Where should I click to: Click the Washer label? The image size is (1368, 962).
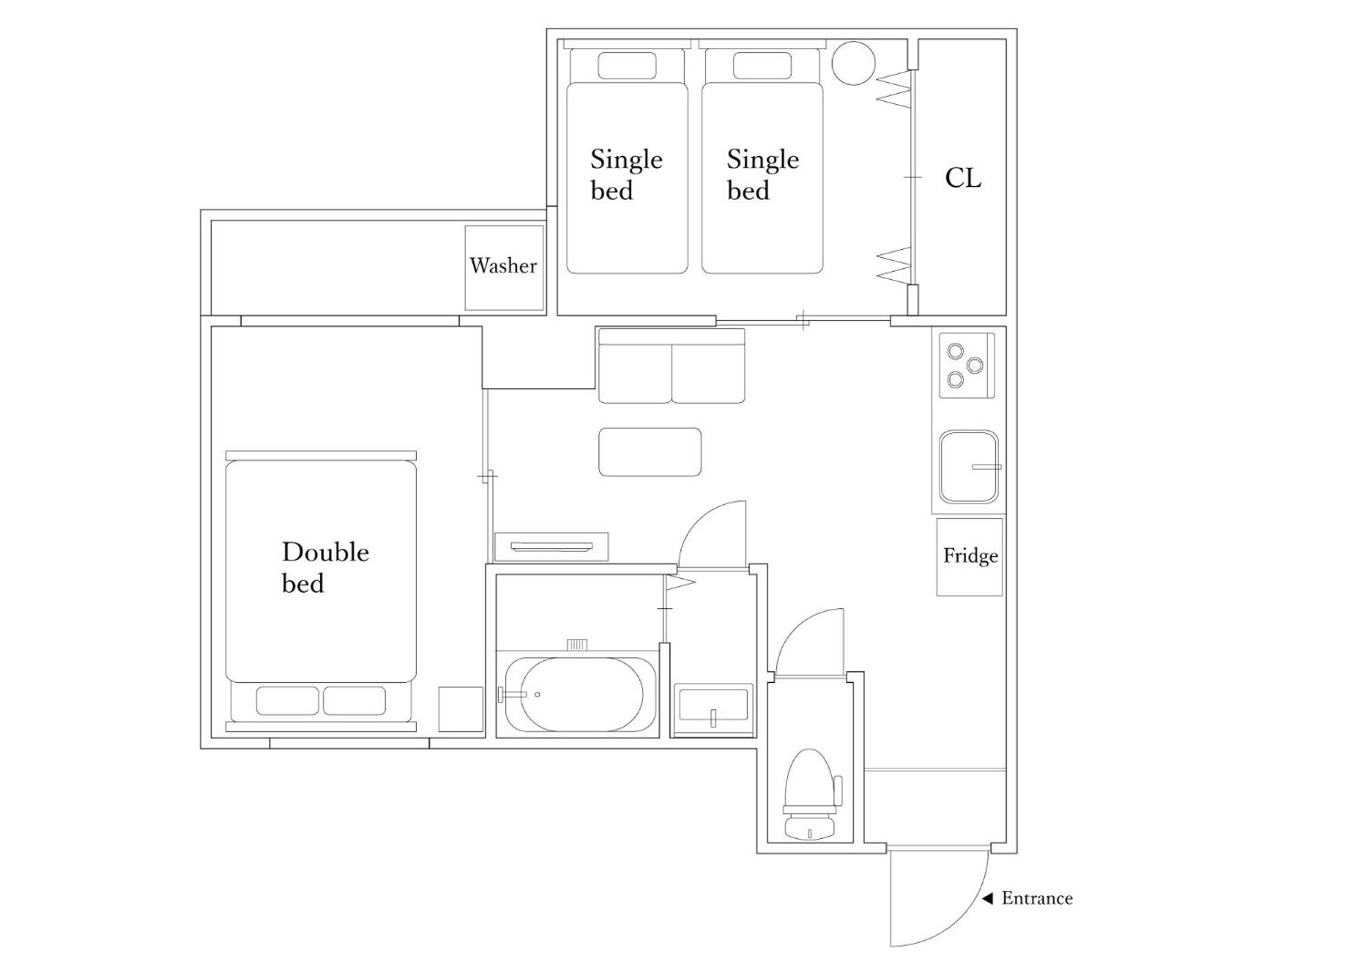503,265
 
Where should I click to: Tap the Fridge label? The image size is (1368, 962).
970,556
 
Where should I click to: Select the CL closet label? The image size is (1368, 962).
963,178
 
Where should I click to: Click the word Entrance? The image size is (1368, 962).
1037,898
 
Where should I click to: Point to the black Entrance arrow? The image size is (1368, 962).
988,898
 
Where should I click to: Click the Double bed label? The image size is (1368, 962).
325,567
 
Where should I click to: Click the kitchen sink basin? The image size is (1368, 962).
968,467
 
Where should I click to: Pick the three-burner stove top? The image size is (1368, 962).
966,365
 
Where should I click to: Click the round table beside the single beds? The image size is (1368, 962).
853,63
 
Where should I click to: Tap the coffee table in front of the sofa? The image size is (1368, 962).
649,452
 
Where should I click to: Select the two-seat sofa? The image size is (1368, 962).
671,366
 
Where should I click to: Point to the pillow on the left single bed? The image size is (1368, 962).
627,66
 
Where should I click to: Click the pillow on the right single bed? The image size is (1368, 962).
762,66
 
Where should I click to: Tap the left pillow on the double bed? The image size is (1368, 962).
287,701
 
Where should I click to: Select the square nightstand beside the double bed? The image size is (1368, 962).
461,709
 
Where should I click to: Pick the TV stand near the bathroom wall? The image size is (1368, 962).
552,547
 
